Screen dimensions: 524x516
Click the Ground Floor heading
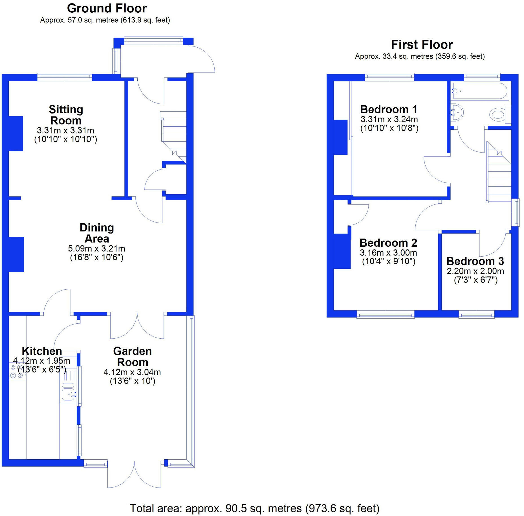(107, 8)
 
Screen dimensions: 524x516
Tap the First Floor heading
(422, 45)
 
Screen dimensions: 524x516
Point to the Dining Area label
(97, 233)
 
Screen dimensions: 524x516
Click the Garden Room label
(133, 357)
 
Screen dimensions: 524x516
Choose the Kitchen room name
(42, 351)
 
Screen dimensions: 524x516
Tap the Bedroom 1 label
(389, 109)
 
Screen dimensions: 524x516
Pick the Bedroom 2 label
(388, 243)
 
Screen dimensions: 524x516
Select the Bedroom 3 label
(475, 261)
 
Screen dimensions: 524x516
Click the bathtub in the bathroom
(479, 91)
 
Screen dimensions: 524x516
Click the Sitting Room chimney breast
(16, 134)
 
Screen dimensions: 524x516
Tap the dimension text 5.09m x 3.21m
(96, 249)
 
